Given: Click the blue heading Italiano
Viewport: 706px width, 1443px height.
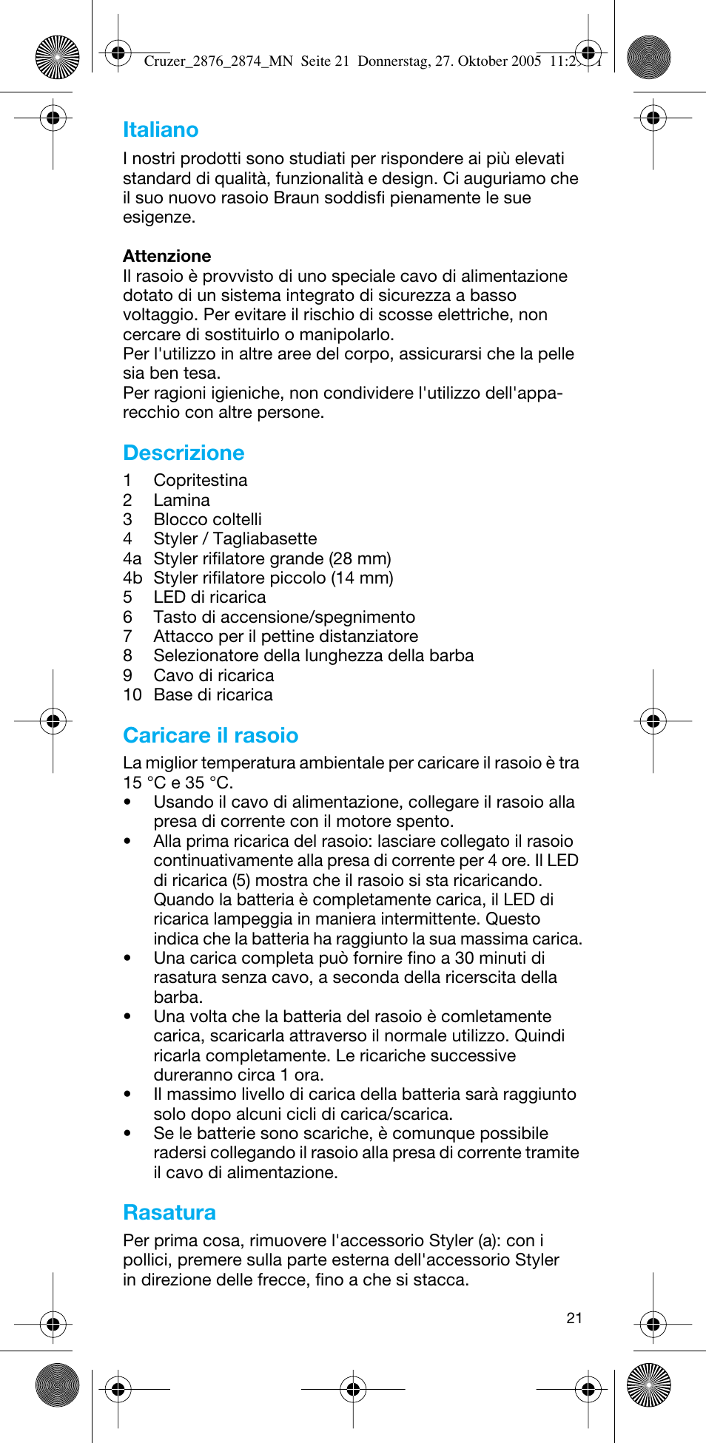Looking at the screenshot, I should click(x=161, y=130).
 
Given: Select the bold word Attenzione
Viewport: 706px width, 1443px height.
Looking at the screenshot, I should click(x=167, y=256).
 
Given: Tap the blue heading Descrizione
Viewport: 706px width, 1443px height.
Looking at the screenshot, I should click(x=184, y=453).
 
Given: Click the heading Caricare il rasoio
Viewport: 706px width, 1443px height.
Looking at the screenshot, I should click(x=210, y=735).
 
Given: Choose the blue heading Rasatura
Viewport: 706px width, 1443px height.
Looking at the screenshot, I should click(x=169, y=1212).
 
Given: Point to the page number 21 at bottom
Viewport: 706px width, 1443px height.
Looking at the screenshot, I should click(x=574, y=1318).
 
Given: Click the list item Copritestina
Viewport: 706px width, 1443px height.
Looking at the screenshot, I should click(x=200, y=480).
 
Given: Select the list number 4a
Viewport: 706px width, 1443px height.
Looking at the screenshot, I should click(x=132, y=558).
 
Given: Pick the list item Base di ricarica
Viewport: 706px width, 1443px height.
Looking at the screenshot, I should click(x=213, y=695).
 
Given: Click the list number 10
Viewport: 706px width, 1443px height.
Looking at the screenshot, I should click(x=132, y=695).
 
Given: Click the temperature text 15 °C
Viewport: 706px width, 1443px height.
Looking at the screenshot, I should click(x=144, y=783).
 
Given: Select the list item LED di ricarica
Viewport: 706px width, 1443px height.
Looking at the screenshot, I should click(x=209, y=597).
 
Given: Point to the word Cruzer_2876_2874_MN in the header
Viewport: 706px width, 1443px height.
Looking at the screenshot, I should click(x=218, y=61).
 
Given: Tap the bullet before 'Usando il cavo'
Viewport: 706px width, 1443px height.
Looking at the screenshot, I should click(x=128, y=802).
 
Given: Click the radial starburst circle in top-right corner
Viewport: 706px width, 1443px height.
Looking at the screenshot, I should click(x=648, y=57).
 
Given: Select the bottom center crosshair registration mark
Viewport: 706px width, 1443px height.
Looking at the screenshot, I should click(x=353, y=1390).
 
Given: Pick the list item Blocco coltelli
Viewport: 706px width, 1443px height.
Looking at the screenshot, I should click(x=207, y=519).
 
